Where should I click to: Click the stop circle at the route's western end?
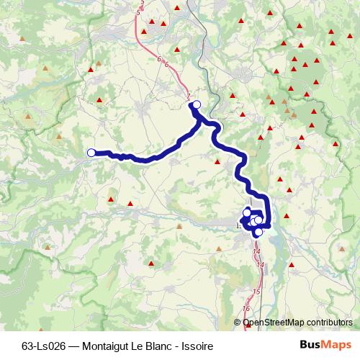pos(91,152)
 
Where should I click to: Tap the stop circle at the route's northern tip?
pos(197,105)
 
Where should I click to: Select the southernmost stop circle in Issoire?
pos(258,233)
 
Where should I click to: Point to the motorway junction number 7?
pos(187,96)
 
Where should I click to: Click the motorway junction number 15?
pos(256,291)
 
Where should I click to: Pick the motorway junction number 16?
pos(246,309)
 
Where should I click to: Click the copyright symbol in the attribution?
pos(238,323)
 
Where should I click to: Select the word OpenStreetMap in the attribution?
pos(269,323)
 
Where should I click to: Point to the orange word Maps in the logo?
pos(336,345)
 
